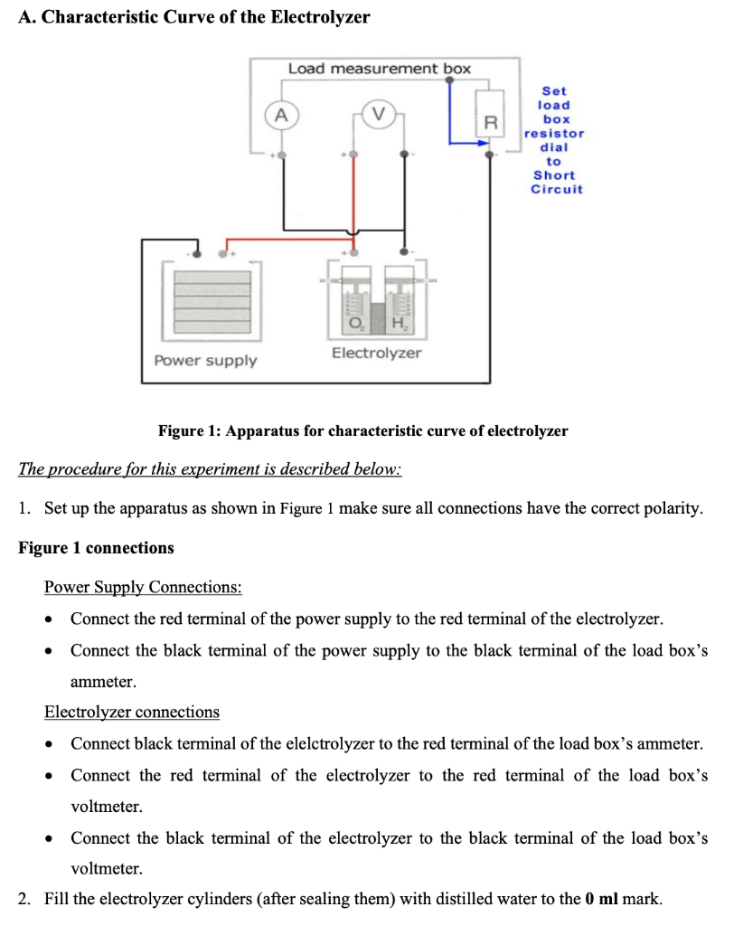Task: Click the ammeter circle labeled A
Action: (x=282, y=115)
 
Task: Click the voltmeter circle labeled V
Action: (x=378, y=115)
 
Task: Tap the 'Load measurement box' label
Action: (x=379, y=69)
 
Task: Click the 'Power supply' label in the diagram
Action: (x=205, y=361)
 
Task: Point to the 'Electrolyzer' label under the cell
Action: (x=376, y=353)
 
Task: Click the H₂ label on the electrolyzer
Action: (x=399, y=325)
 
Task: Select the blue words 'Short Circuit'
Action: (x=556, y=183)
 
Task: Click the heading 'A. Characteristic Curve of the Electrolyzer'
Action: (x=193, y=17)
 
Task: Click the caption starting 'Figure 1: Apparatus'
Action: (x=362, y=430)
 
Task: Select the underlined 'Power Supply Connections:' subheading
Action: (x=143, y=588)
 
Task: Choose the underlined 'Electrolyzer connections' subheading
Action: (x=132, y=712)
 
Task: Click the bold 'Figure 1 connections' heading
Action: (x=96, y=548)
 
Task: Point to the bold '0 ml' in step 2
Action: (x=601, y=900)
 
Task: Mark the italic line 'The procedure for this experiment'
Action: (x=210, y=470)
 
